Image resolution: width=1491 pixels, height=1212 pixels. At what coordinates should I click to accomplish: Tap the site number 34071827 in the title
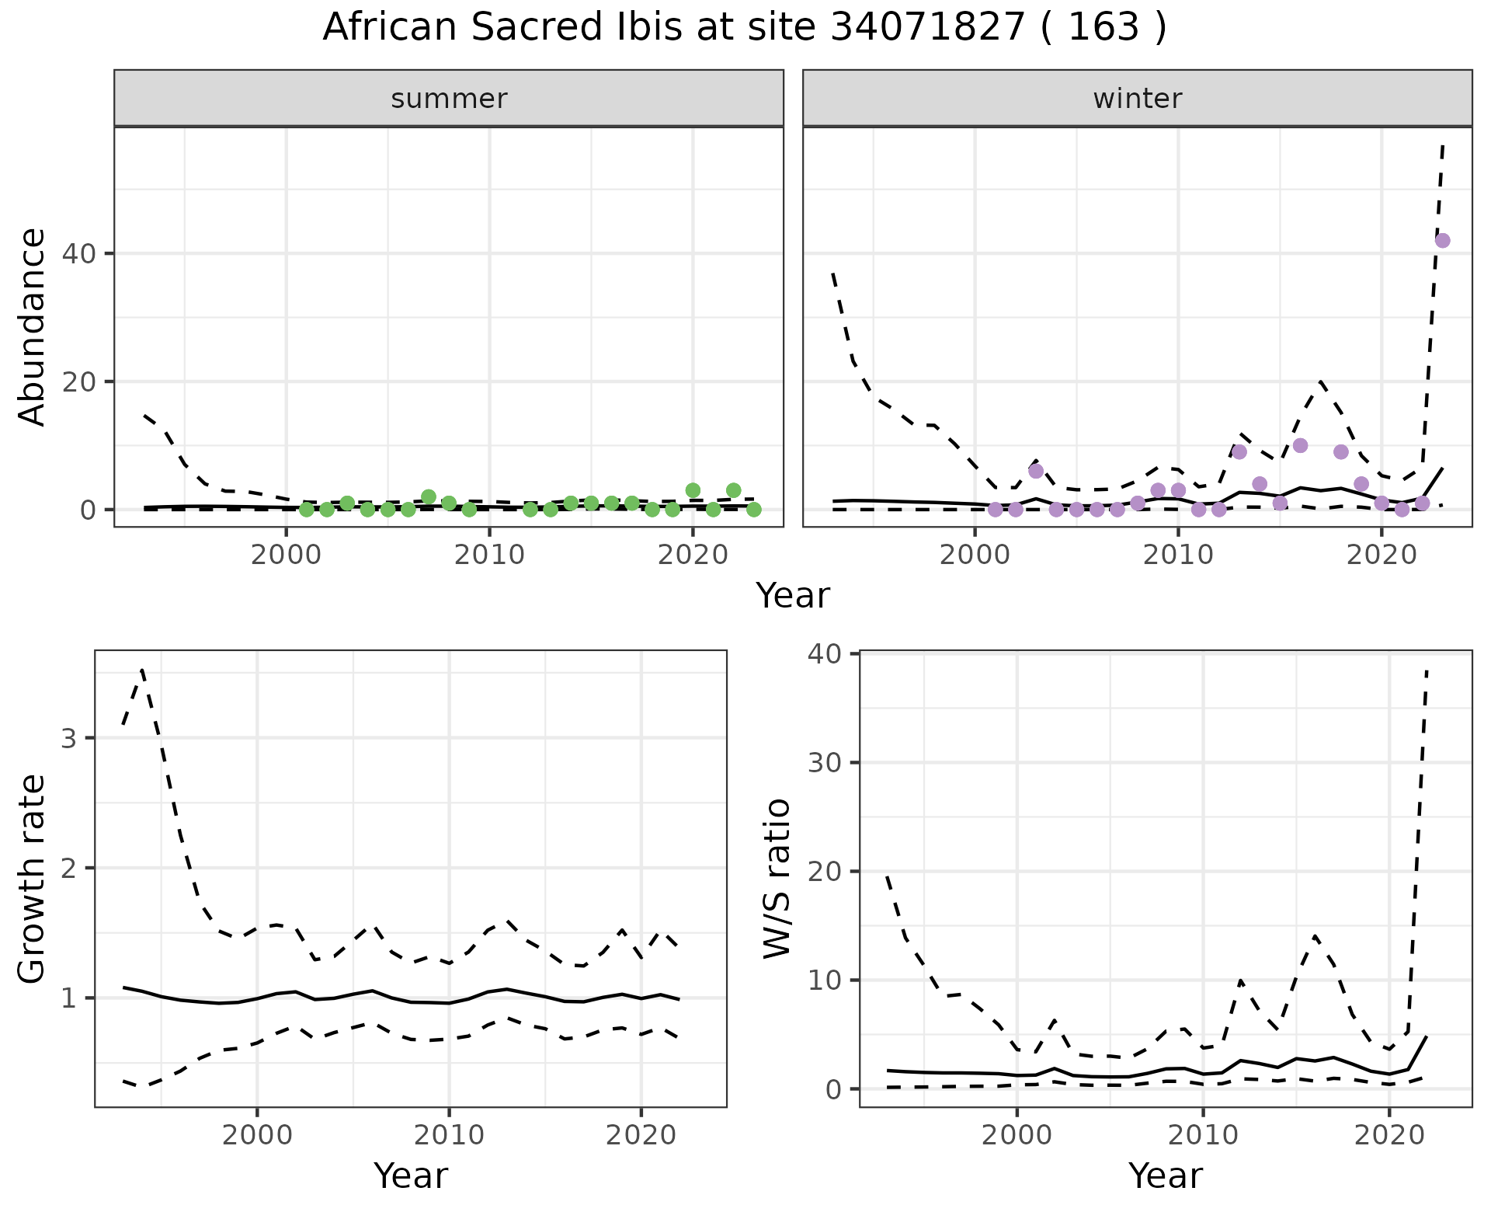(927, 28)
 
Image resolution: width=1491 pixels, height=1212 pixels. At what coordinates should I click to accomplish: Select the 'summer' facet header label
(449, 99)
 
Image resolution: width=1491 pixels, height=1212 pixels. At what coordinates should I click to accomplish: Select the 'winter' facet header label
(1137, 99)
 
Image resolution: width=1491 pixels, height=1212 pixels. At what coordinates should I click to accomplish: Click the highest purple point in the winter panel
(1442, 241)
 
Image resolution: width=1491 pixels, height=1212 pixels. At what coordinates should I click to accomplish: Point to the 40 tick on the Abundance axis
(86, 254)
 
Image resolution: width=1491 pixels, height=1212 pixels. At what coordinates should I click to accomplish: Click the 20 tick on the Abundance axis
(86, 382)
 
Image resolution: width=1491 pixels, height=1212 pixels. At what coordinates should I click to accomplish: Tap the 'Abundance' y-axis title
(33, 326)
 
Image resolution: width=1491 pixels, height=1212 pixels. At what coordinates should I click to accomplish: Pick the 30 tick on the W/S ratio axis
(825, 763)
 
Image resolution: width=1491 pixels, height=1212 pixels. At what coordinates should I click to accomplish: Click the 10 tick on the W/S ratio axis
(825, 980)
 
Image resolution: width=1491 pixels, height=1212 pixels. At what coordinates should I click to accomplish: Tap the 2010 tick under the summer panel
(489, 556)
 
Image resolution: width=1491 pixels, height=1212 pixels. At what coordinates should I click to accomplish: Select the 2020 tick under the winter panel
(1382, 556)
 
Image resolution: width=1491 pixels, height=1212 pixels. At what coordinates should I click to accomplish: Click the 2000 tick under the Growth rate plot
(257, 1136)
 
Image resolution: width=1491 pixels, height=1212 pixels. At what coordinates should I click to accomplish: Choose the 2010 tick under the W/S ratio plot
(1203, 1136)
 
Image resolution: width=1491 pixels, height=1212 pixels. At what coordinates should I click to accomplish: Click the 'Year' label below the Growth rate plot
(411, 1176)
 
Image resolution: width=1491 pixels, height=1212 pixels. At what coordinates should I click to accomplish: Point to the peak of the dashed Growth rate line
(142, 669)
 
